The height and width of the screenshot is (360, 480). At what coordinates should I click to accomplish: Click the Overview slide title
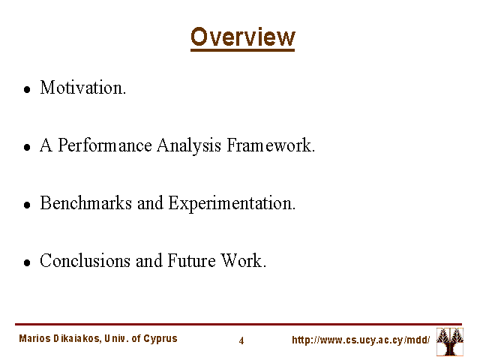(x=243, y=37)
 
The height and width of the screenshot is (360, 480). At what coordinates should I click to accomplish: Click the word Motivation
(x=83, y=87)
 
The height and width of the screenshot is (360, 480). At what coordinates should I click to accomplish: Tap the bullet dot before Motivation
(x=27, y=89)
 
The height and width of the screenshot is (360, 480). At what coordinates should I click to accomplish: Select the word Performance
(x=105, y=145)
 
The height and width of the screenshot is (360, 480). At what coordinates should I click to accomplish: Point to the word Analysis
(x=189, y=145)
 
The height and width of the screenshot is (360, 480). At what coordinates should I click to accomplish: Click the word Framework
(x=271, y=145)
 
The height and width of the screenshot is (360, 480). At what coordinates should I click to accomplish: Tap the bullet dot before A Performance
(x=27, y=147)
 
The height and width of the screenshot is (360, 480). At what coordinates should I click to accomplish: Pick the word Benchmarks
(x=86, y=202)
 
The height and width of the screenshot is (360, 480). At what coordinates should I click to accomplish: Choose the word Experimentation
(x=232, y=203)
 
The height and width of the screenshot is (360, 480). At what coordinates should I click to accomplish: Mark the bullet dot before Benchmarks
(x=27, y=205)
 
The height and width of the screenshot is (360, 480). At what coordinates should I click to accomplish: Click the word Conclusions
(x=85, y=260)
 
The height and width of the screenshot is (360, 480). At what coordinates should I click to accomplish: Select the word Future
(x=192, y=260)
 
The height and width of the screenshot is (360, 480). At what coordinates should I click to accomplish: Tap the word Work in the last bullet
(x=243, y=260)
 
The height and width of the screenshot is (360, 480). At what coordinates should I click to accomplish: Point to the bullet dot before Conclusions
(x=27, y=262)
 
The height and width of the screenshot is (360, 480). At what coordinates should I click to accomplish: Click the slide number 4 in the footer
(x=241, y=340)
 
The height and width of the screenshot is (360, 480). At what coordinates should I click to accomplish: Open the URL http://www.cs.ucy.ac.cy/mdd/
(x=361, y=340)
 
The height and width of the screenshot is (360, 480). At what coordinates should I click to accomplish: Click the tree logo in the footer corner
(x=450, y=342)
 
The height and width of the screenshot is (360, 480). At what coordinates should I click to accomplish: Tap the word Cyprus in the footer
(x=160, y=339)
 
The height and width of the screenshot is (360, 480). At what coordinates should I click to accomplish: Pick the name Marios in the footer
(x=34, y=338)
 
